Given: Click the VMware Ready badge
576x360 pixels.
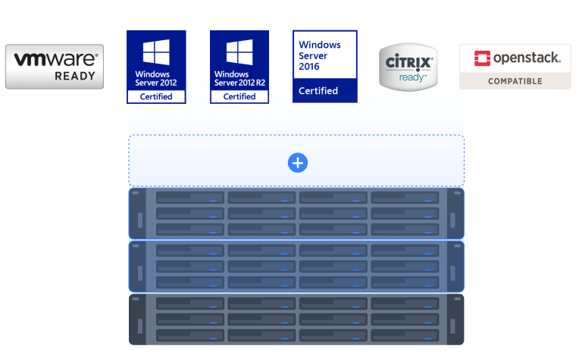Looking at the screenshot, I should coord(55,67).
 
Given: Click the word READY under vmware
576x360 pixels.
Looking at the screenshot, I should coord(75,76).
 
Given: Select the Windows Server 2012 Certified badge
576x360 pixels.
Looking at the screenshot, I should coord(156,67).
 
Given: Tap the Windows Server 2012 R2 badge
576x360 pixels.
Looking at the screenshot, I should coord(239,67).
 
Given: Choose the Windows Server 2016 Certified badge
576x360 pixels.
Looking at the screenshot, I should coord(324,66).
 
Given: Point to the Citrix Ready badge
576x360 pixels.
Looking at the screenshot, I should coord(408,67).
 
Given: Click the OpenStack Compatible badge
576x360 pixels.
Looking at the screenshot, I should coord(515,67).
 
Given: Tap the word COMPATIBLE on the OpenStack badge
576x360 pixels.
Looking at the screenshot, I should coord(515,81).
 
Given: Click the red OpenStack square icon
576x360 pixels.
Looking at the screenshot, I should coord(481,58).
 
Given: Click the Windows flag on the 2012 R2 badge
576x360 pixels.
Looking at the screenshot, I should coord(239,52).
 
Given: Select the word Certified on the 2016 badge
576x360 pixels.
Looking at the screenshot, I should coord(318,91).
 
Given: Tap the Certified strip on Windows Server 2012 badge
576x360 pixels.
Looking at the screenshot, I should coord(156,97).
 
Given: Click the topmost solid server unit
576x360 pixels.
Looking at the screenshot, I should coord(296,214).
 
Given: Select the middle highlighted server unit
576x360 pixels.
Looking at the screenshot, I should coord(296,267).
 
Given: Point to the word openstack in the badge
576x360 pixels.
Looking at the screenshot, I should coord(527,58).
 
